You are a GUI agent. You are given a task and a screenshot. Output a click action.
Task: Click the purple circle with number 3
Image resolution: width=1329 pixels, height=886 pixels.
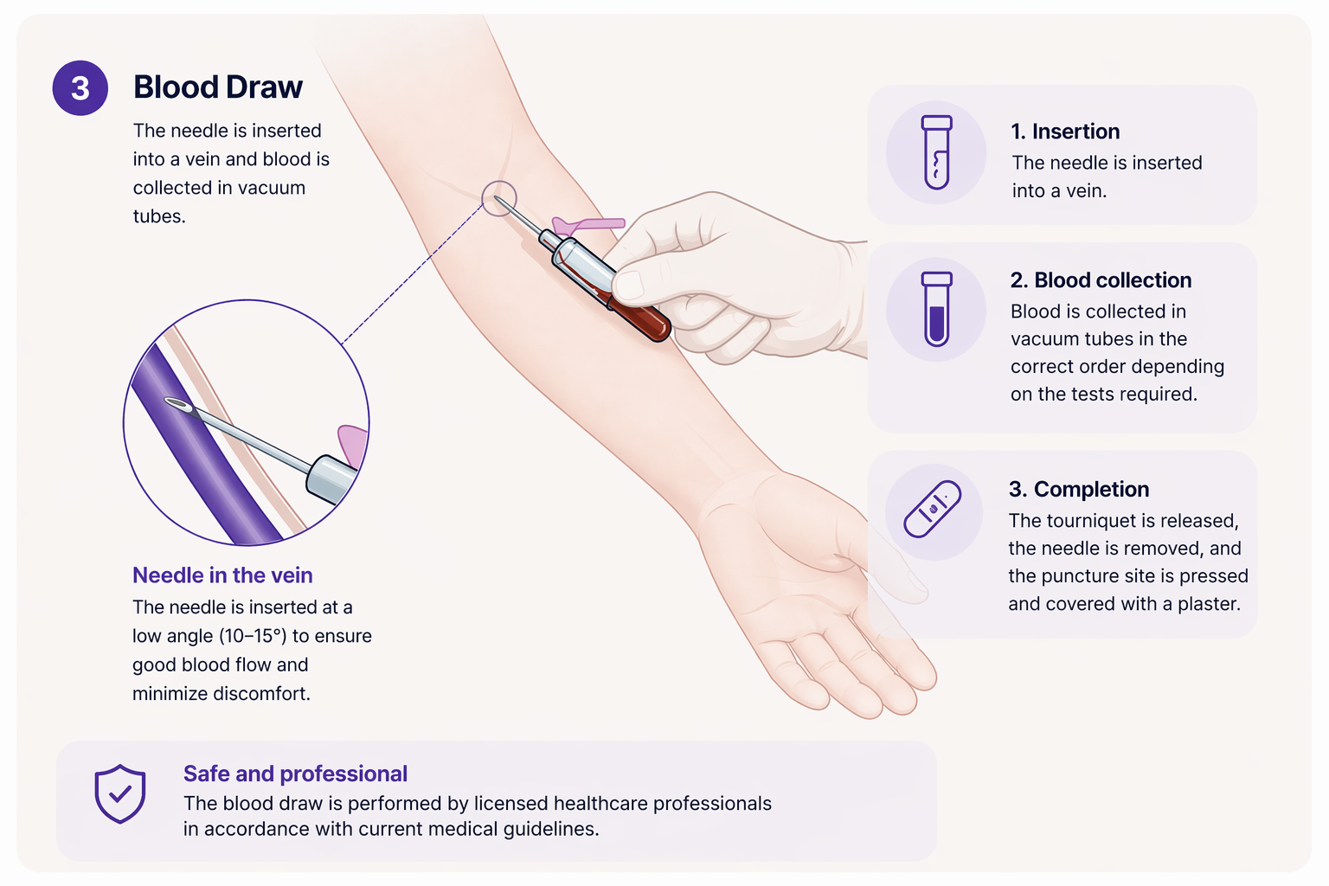point(80,88)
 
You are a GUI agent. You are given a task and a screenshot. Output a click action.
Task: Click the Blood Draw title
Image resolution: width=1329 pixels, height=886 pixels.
point(217,87)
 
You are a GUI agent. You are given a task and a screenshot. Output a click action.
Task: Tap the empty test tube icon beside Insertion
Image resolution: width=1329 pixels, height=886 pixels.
point(936,152)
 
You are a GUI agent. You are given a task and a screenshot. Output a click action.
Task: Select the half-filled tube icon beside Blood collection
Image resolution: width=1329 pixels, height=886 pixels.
point(936,309)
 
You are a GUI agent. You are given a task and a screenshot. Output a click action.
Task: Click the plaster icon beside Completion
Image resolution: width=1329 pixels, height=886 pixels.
point(933,509)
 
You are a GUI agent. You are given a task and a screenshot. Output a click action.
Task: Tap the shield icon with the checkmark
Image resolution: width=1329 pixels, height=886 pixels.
point(119,793)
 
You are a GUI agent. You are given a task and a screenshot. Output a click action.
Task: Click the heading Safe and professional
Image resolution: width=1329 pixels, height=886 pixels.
point(295,774)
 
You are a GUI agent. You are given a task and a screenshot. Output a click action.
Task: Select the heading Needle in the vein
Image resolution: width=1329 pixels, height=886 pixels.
point(222,575)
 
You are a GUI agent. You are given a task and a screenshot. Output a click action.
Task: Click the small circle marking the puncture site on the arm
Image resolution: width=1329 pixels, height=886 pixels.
point(499,199)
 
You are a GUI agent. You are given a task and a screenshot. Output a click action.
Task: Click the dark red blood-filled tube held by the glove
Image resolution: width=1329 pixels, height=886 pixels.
point(640,317)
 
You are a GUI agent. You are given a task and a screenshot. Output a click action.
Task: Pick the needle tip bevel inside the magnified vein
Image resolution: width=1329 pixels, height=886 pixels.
point(177,404)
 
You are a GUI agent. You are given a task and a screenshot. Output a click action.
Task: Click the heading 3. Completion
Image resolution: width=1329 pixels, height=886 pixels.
point(1078,489)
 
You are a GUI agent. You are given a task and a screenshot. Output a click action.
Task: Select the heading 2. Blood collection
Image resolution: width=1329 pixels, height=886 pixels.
point(1101,280)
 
